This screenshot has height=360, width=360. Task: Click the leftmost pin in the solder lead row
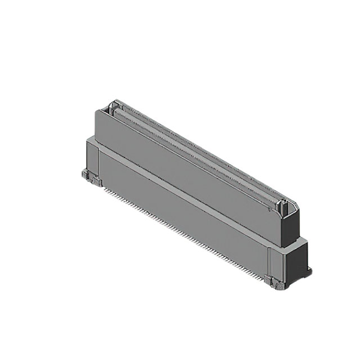104,188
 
